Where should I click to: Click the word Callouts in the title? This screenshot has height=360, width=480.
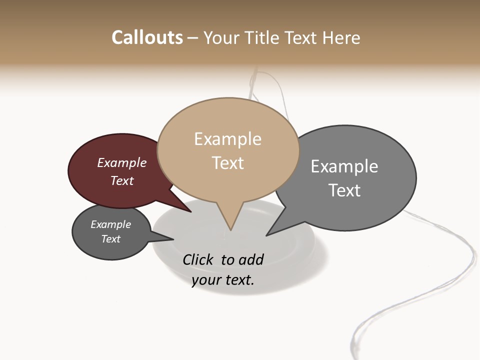pyautogui.click(x=147, y=37)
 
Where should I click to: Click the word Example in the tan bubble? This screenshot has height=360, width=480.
pyautogui.click(x=227, y=139)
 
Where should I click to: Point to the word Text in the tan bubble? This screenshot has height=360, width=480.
pyautogui.click(x=227, y=163)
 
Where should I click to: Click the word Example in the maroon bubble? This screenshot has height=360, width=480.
pyautogui.click(x=122, y=163)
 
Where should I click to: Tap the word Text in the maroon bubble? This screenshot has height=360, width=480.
pyautogui.click(x=122, y=180)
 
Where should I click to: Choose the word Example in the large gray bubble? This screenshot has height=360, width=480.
pyautogui.click(x=344, y=166)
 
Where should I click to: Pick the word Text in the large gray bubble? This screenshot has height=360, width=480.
pyautogui.click(x=344, y=190)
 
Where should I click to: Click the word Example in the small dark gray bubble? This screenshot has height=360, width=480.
pyautogui.click(x=110, y=224)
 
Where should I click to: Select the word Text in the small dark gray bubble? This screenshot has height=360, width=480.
pyautogui.click(x=110, y=239)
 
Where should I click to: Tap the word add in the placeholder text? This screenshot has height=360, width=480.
pyautogui.click(x=250, y=259)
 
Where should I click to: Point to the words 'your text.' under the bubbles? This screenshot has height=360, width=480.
pyautogui.click(x=223, y=280)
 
